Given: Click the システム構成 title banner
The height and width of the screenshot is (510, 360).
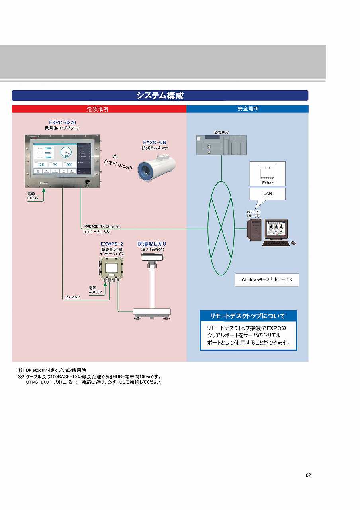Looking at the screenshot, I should pyautogui.click(x=160, y=96).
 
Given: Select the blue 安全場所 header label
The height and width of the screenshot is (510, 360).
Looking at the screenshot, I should pyautogui.click(x=248, y=109).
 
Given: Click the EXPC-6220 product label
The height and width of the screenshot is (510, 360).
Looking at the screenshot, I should pyautogui.click(x=63, y=122).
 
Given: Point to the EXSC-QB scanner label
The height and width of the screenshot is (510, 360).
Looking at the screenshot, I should pyautogui.click(x=155, y=142).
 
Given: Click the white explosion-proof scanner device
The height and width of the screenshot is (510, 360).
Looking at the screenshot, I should pyautogui.click(x=157, y=168).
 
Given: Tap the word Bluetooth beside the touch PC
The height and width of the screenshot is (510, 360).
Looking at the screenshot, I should pyautogui.click(x=122, y=165).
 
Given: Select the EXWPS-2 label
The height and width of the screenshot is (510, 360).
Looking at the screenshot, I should pyautogui.click(x=112, y=244).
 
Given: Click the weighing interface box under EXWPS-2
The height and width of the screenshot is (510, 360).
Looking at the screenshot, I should pyautogui.click(x=111, y=269).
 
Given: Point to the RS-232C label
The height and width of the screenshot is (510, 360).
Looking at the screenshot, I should pyautogui.click(x=73, y=297).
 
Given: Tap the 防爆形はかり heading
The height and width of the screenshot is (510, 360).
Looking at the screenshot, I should pyautogui.click(x=152, y=244).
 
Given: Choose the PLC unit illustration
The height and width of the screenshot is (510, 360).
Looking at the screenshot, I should pyautogui.click(x=221, y=145).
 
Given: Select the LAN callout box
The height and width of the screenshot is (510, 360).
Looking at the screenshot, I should pyautogui.click(x=267, y=194).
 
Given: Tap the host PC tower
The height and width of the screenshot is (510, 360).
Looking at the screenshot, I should pyautogui.click(x=254, y=230).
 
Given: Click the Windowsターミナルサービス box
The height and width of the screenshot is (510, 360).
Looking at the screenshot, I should pyautogui.click(x=267, y=280).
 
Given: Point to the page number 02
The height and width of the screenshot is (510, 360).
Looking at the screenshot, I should pyautogui.click(x=308, y=475).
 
